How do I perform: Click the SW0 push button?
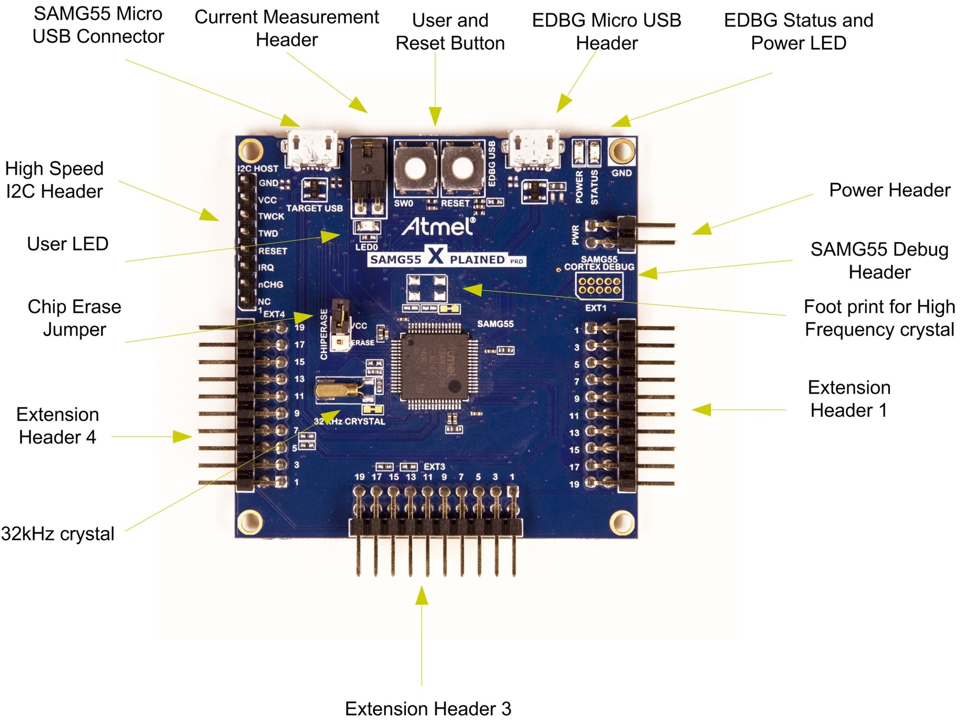pyautogui.click(x=416, y=168)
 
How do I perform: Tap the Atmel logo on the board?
pyautogui.click(x=439, y=226)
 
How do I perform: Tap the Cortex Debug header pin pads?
pyautogui.click(x=599, y=286)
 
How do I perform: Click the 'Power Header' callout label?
pyautogui.click(x=889, y=191)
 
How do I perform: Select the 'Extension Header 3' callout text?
pyautogui.click(x=428, y=709)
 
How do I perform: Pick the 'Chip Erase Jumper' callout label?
pyautogui.click(x=74, y=318)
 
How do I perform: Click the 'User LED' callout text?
pyautogui.click(x=68, y=244)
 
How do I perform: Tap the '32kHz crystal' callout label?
pyautogui.click(x=58, y=534)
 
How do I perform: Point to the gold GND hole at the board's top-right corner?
pyautogui.click(x=621, y=150)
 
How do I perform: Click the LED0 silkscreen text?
pyautogui.click(x=367, y=248)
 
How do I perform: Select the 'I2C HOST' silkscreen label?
pyautogui.click(x=258, y=169)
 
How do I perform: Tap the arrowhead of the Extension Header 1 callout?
pyautogui.click(x=701, y=410)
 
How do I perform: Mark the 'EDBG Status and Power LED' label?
pyautogui.click(x=798, y=31)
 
